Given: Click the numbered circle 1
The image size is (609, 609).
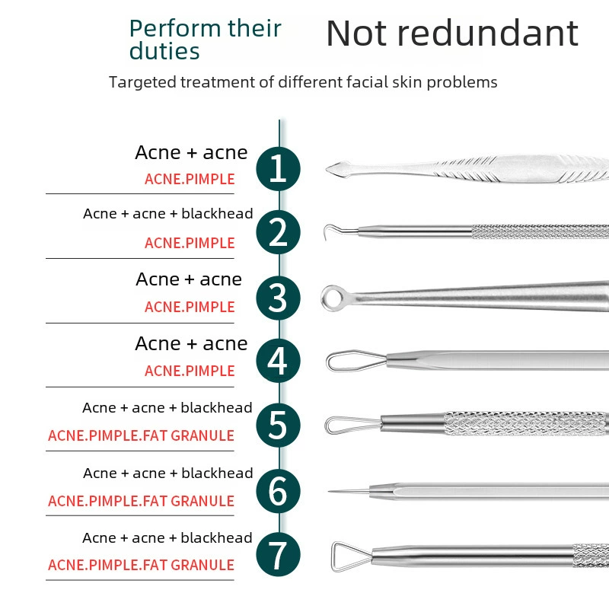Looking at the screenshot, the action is (278, 168).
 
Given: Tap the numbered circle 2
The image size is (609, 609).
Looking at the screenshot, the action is (278, 232).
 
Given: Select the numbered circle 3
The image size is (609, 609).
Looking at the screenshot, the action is (278, 298).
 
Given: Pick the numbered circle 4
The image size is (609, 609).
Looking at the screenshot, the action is (278, 361).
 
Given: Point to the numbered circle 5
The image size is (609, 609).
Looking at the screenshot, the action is (278, 426).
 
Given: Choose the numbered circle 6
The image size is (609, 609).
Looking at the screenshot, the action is (278, 491).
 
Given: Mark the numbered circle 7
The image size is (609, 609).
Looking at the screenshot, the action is (278, 554).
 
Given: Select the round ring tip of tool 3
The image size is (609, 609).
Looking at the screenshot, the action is (324, 298).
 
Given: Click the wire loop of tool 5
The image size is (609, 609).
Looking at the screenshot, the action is (327, 425).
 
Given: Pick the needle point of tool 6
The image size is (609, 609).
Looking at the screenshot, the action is (330, 491).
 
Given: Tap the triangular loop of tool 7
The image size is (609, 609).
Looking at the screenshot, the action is (333, 556).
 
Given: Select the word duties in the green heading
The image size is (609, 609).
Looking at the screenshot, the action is (164, 51).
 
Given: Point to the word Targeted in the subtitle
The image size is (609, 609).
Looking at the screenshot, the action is (142, 82).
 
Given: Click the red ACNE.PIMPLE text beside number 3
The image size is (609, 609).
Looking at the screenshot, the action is (190, 307).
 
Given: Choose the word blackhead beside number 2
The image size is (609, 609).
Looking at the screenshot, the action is (217, 213).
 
